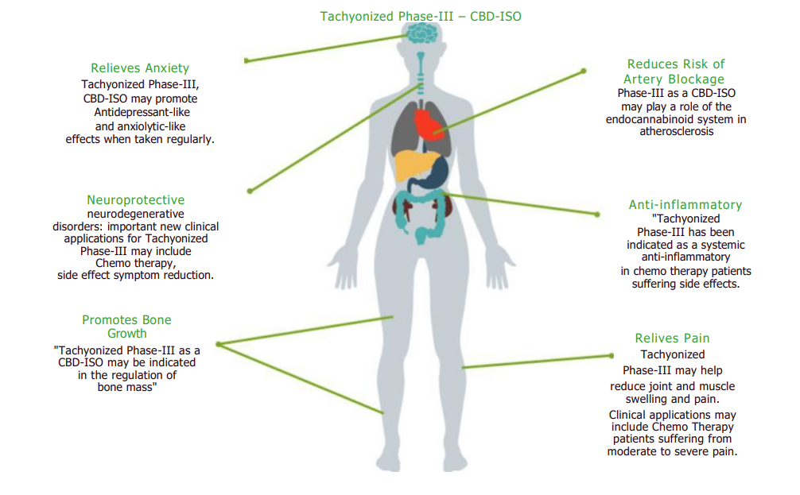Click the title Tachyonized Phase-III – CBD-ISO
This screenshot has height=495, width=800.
coord(421,16)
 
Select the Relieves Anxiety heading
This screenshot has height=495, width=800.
coord(140,68)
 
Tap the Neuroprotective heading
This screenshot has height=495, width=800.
coord(135,200)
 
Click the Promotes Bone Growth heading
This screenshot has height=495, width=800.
coord(126,327)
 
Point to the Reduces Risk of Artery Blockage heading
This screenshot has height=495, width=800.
coord(675,72)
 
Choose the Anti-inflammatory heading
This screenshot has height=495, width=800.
coord(685,205)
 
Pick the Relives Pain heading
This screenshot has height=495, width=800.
coord(672,338)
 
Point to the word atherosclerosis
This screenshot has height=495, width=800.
coord(676,132)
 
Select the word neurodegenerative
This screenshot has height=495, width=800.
coord(135,214)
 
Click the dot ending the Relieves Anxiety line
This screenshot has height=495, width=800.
coord(247,60)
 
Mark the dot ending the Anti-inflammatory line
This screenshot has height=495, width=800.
coord(598,214)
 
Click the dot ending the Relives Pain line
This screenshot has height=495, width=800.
coord(612,356)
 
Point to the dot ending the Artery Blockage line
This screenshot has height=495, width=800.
coord(584,71)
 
